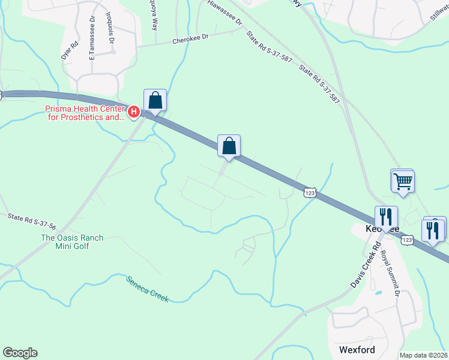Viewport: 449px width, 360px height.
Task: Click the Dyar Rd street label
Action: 70,49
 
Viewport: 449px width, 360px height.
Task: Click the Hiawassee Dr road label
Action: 224,12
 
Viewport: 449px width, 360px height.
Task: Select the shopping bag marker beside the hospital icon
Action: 155,100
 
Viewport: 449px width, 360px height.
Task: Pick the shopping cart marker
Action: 403,180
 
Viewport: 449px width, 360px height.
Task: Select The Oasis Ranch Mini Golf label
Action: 72,242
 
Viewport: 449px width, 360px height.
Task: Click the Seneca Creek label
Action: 148,289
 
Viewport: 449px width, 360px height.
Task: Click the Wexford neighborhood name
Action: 357,350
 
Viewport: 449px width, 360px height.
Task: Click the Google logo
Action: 20,353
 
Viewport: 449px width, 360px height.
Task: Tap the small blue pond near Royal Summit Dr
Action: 378,293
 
